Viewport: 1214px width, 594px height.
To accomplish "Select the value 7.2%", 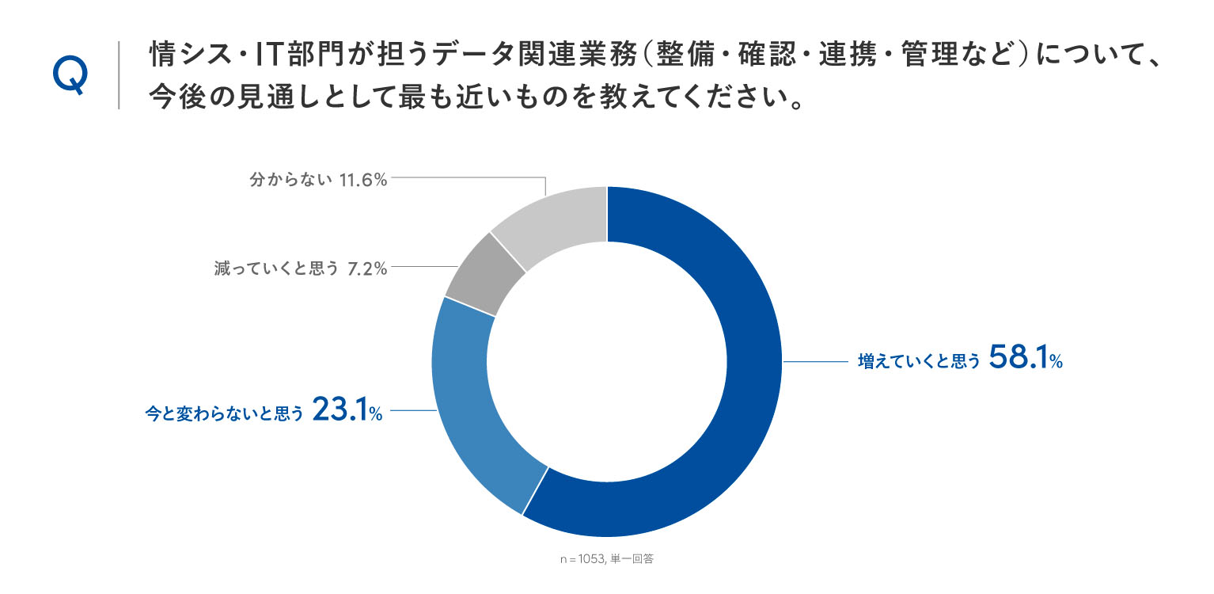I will (367, 268).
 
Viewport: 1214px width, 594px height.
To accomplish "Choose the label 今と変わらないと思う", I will (224, 413).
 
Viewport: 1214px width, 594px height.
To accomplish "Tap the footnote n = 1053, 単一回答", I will (606, 559).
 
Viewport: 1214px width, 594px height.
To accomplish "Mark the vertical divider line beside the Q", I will (119, 75).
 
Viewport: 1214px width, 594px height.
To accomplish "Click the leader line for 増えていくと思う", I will (815, 362).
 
